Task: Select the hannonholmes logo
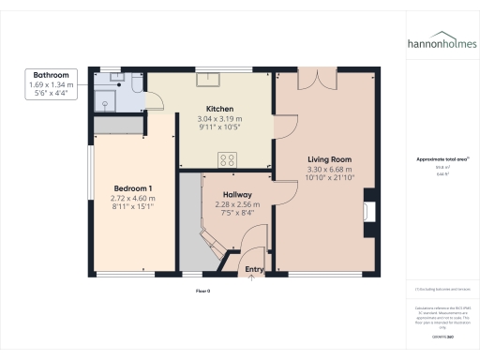(441, 43)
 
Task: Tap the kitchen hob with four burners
(226, 158)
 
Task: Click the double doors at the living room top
(321, 80)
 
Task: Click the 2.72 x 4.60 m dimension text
(131, 198)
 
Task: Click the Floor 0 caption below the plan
(202, 292)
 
